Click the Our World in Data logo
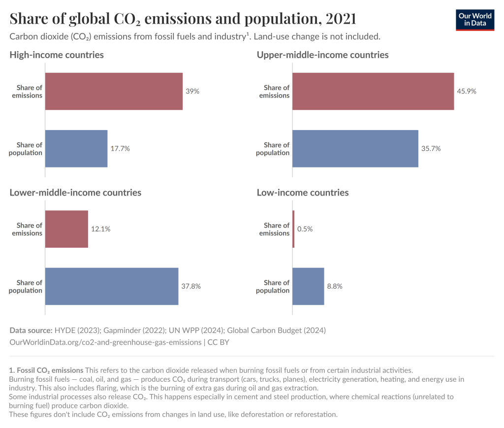[474, 19]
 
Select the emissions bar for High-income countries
[114, 92]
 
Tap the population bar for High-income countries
[76, 149]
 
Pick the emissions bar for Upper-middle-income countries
[373, 92]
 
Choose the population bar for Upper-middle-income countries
[355, 149]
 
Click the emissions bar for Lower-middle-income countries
[66, 230]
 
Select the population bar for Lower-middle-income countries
[112, 287]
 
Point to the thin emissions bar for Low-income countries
[293, 230]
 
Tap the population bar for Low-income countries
[308, 287]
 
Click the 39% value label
[192, 92]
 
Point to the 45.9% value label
[467, 92]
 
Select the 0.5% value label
[305, 230]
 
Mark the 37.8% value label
[191, 287]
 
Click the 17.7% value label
[120, 149]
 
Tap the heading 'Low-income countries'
[303, 193]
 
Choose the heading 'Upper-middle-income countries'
[322, 55]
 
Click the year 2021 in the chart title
[340, 19]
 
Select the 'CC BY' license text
[218, 342]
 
